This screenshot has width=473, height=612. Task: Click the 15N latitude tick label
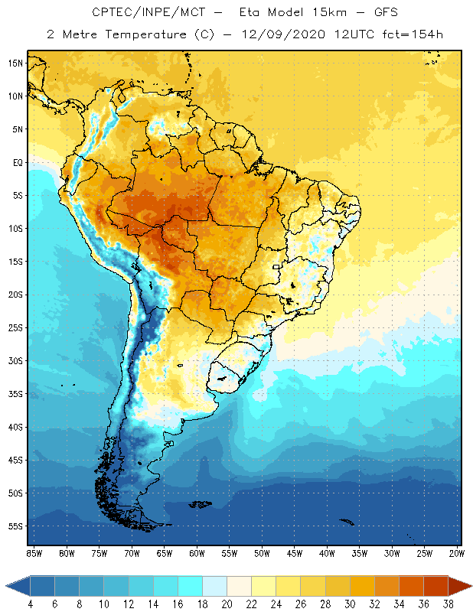(15, 63)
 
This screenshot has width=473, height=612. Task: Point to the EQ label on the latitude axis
(15, 162)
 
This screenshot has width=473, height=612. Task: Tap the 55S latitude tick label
(15, 526)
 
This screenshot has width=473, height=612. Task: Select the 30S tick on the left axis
(15, 360)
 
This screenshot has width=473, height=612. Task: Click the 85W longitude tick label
(34, 553)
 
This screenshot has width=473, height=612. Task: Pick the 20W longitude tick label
(455, 553)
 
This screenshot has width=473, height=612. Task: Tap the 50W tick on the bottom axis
(262, 553)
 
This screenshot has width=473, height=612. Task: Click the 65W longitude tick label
(164, 553)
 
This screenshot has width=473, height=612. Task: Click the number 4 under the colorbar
(30, 604)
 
